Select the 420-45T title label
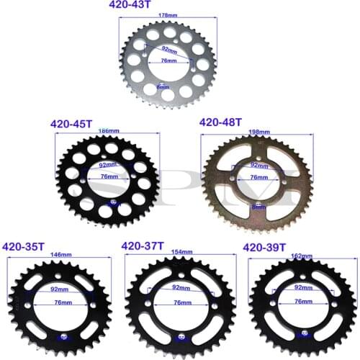pos(71,123)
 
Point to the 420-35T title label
pos(25,247)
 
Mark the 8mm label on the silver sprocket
pos(163,87)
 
